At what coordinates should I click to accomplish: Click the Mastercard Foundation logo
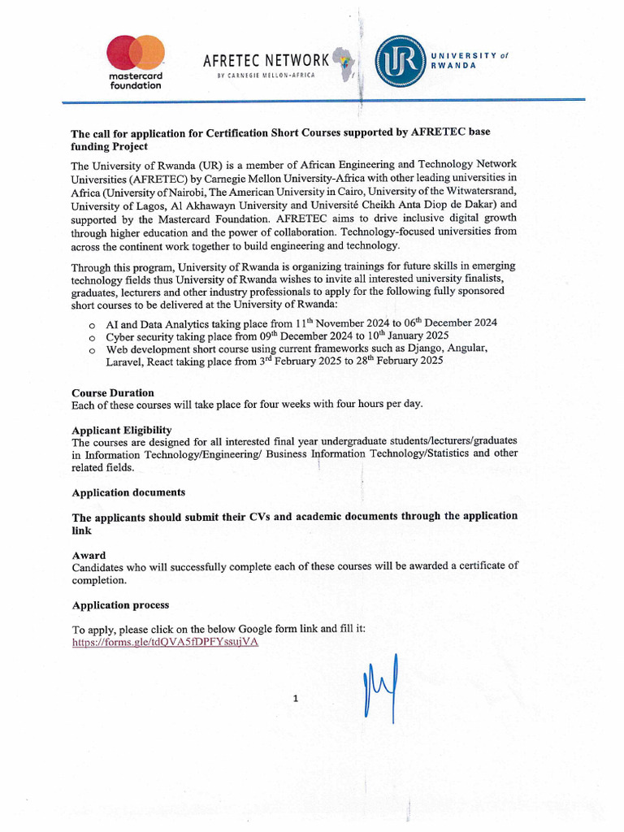click(135, 61)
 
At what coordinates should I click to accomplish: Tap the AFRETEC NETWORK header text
click(266, 60)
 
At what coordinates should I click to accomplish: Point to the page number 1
click(297, 697)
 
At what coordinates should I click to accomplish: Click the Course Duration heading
click(113, 392)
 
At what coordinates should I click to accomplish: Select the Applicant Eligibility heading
click(122, 430)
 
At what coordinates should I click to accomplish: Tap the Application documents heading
click(128, 492)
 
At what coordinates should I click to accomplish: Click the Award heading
click(89, 555)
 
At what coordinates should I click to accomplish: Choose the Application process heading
click(120, 605)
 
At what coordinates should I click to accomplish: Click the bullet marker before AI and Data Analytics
click(91, 324)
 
